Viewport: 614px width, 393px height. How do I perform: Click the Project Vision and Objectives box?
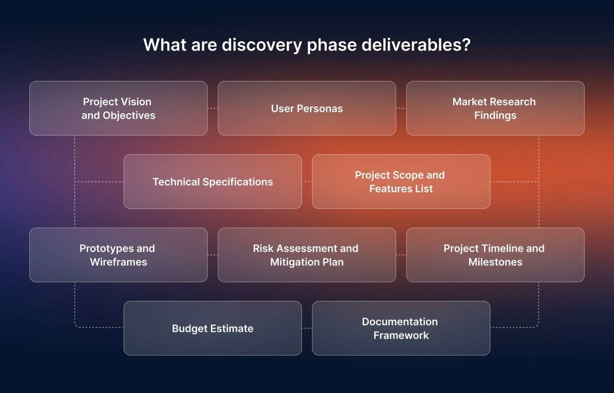(x=119, y=108)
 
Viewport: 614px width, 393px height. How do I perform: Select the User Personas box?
(x=307, y=108)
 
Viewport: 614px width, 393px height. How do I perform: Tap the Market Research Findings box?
(x=495, y=108)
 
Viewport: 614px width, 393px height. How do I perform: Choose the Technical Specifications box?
(x=213, y=182)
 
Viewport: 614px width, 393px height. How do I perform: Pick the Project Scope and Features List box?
(x=401, y=182)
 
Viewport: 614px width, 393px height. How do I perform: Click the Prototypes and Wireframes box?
(x=119, y=255)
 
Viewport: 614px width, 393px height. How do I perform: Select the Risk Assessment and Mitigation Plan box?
(x=307, y=255)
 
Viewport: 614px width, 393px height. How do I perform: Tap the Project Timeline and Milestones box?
(x=495, y=255)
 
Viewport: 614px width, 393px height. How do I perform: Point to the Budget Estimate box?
(x=213, y=328)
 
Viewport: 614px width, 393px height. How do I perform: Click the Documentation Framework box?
(x=401, y=328)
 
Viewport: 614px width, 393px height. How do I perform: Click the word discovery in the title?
(x=262, y=45)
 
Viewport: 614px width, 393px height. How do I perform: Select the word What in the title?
(x=165, y=45)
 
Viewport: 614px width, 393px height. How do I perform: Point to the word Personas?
(x=320, y=109)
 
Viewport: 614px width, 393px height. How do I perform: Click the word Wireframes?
(x=119, y=262)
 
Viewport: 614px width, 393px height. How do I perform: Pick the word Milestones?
(x=495, y=262)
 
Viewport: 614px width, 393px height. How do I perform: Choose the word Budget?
(x=188, y=329)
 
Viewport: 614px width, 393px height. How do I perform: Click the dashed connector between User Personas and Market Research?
(x=401, y=108)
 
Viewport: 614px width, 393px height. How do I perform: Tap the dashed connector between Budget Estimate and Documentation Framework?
(x=307, y=328)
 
